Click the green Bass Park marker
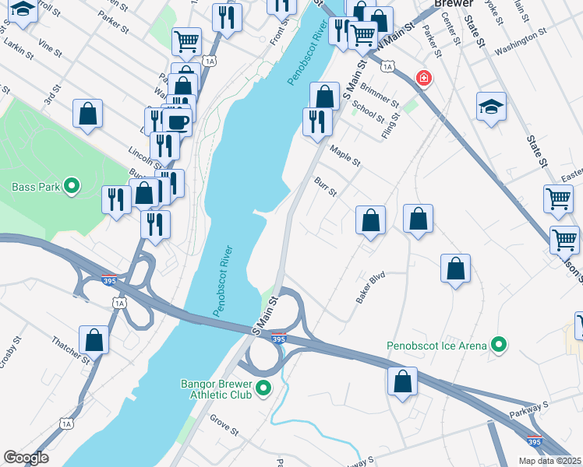pyautogui.click(x=72, y=187)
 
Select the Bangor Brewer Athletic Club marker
pyautogui.click(x=264, y=388)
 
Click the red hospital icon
pyautogui.click(x=423, y=79)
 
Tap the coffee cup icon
pyautogui.click(x=178, y=122)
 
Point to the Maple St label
pyautogui.click(x=345, y=156)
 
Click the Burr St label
pyautogui.click(x=325, y=187)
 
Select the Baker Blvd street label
pyautogui.click(x=372, y=287)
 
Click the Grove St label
pyautogui.click(x=224, y=425)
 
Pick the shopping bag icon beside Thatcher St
pyautogui.click(x=94, y=340)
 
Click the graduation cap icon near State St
pyautogui.click(x=491, y=107)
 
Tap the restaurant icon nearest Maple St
pyautogui.click(x=316, y=121)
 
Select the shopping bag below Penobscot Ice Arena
pyautogui.click(x=402, y=381)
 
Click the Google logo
pyautogui.click(x=26, y=458)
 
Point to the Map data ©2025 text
pyautogui.click(x=549, y=461)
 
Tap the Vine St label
pyautogui.click(x=48, y=50)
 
